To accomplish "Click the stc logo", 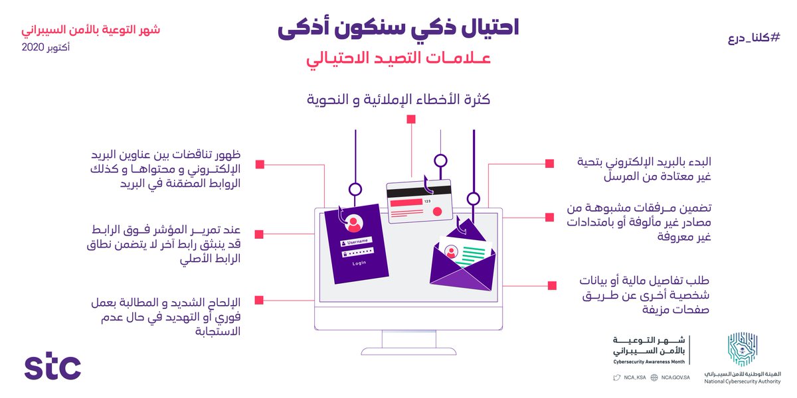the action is pos(52,367).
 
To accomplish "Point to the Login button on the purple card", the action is pos(359,263).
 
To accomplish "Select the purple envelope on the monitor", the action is pos(463,265).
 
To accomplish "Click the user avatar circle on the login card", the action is pos(353,222).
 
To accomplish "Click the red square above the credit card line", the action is pos(411,119).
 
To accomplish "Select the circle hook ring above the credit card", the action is pos(441,160).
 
